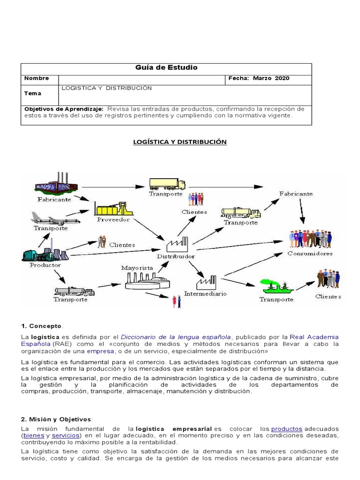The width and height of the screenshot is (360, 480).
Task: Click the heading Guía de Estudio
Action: tap(166, 67)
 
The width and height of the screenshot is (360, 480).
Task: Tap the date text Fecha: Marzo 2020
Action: tap(259, 78)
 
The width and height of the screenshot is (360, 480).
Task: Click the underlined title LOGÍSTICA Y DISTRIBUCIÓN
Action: tap(180, 142)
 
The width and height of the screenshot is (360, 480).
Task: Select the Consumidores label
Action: tap(310, 254)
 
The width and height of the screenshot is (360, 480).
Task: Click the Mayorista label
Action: tap(137, 268)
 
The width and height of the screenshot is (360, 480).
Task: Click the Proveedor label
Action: tap(113, 219)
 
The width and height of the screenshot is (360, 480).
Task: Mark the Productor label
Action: tap(45, 265)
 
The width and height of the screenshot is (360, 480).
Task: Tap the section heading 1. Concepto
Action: tap(42, 326)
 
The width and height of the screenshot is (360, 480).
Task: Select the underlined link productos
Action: tap(286, 428)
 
